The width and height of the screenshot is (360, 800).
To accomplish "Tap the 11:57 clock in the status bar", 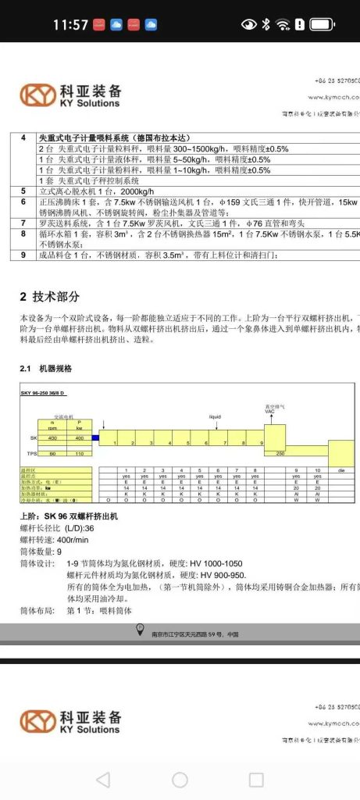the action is [x=71, y=25].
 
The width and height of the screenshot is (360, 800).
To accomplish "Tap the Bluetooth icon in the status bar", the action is [x=266, y=25].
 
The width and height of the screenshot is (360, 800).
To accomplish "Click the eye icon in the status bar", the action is [x=249, y=25].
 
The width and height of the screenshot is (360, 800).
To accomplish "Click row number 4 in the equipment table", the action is [x=23, y=138].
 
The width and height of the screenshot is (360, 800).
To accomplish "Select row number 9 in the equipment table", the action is [x=23, y=255].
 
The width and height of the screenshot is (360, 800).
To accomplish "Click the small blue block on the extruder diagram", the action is [x=95, y=437].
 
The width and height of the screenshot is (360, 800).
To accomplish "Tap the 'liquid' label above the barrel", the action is [x=215, y=418].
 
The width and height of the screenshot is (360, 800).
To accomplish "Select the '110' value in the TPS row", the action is [x=78, y=453].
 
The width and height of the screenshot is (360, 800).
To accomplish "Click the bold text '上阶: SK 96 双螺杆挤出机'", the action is [x=71, y=518].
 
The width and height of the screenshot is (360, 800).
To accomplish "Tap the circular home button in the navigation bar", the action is [x=180, y=779].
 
